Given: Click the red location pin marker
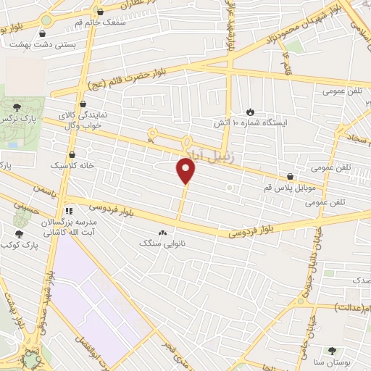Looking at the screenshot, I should [186, 171].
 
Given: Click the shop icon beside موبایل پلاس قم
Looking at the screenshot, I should [291, 176].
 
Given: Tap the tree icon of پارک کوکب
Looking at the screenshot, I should [19, 234].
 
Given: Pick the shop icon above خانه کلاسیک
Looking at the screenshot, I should [72, 154].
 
